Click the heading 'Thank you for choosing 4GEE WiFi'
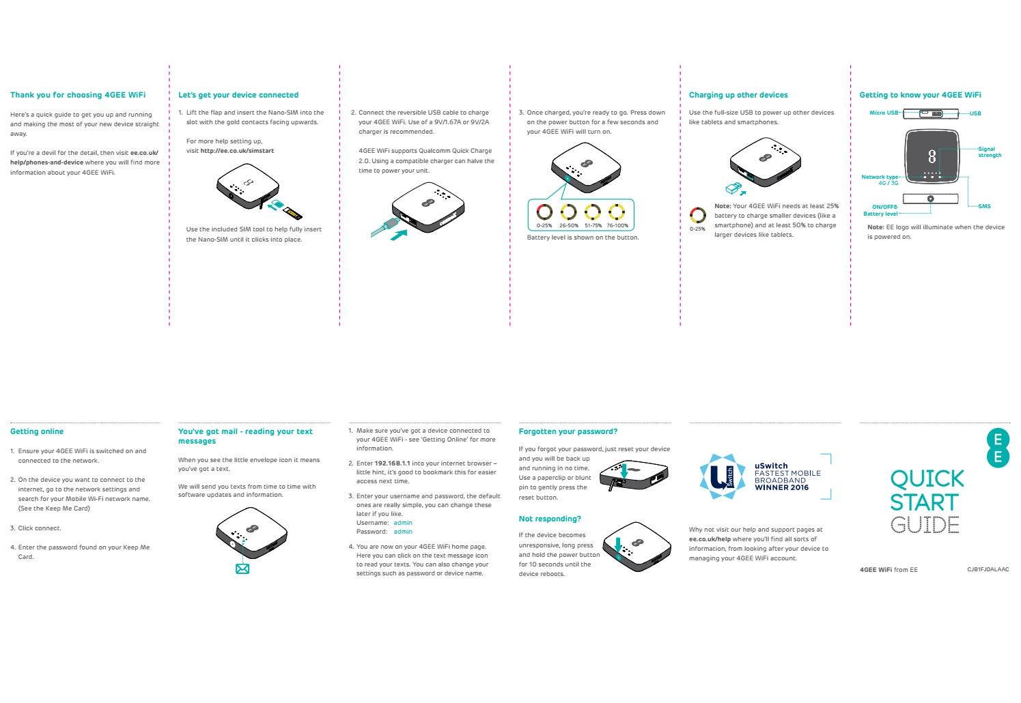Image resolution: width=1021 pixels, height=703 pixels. coord(78,95)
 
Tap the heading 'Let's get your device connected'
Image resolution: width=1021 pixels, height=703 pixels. coord(238,95)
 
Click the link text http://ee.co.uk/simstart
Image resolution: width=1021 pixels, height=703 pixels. coord(237,151)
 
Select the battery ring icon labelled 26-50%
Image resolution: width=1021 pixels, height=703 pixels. coord(568,212)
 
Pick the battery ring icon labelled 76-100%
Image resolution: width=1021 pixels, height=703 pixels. coord(617,212)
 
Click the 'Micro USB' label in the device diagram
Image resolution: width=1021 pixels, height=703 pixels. coord(884,113)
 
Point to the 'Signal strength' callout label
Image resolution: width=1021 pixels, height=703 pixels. coord(989,152)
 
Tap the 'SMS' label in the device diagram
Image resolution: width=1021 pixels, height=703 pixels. coord(984,206)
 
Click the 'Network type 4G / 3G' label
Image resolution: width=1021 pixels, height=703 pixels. coord(880,180)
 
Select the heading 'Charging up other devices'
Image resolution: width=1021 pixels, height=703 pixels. coord(738,95)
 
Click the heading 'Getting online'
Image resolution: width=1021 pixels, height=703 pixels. coord(37,431)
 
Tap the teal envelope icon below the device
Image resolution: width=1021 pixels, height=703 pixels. coord(242,569)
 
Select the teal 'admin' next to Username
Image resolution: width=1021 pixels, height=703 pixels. coord(403,523)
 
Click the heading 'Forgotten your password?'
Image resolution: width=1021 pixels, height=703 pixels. coord(568,431)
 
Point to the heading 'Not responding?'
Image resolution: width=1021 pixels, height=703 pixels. coord(550,519)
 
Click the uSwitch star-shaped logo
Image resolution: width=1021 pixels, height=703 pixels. coord(723,476)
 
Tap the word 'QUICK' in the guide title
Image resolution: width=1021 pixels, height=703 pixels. coord(927,478)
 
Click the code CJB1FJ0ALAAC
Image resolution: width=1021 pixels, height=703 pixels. coord(988,569)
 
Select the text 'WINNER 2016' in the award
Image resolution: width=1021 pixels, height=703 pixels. coord(781,487)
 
